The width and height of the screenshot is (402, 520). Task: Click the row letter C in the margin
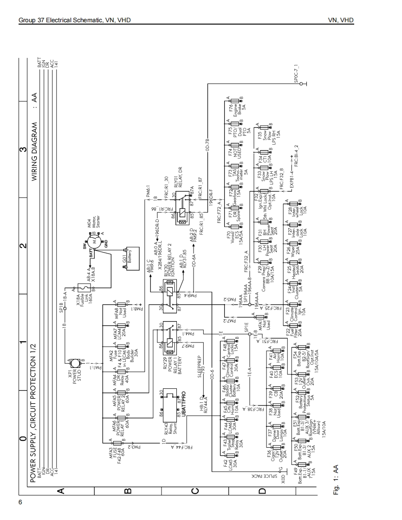click(195, 491)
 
